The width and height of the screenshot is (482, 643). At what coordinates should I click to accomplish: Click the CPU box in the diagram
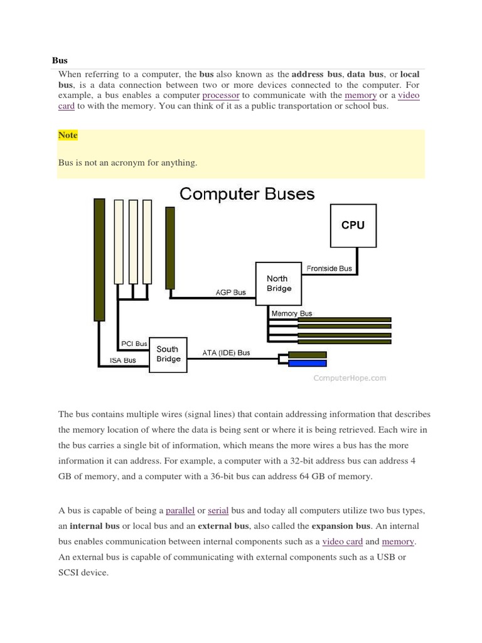pyautogui.click(x=353, y=225)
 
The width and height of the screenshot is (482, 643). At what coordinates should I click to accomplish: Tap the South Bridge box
pyautogui.click(x=168, y=354)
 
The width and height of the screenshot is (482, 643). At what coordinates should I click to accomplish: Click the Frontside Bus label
pyautogui.click(x=329, y=269)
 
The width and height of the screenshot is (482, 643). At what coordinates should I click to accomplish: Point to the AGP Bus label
pyautogui.click(x=230, y=292)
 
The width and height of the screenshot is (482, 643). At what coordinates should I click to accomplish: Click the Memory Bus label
pyautogui.click(x=291, y=313)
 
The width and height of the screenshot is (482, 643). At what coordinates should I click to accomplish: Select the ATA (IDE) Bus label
pyautogui.click(x=226, y=353)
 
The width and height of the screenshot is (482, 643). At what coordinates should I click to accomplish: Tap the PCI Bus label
pyautogui.click(x=134, y=343)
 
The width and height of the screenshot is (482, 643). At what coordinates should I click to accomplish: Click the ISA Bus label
pyautogui.click(x=123, y=360)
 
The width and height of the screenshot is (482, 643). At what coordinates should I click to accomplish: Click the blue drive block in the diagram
pyautogui.click(x=307, y=363)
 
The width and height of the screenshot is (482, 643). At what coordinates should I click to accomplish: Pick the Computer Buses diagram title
pyautogui.click(x=247, y=193)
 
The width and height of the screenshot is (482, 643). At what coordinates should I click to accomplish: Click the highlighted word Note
pyautogui.click(x=68, y=135)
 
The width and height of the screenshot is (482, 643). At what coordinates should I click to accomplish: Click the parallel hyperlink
pyautogui.click(x=180, y=511)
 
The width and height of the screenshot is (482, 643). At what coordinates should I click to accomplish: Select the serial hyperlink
pyautogui.click(x=218, y=511)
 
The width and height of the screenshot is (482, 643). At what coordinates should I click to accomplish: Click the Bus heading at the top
pyautogui.click(x=59, y=60)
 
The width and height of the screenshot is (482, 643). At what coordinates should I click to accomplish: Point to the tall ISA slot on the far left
pyautogui.click(x=99, y=259)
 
